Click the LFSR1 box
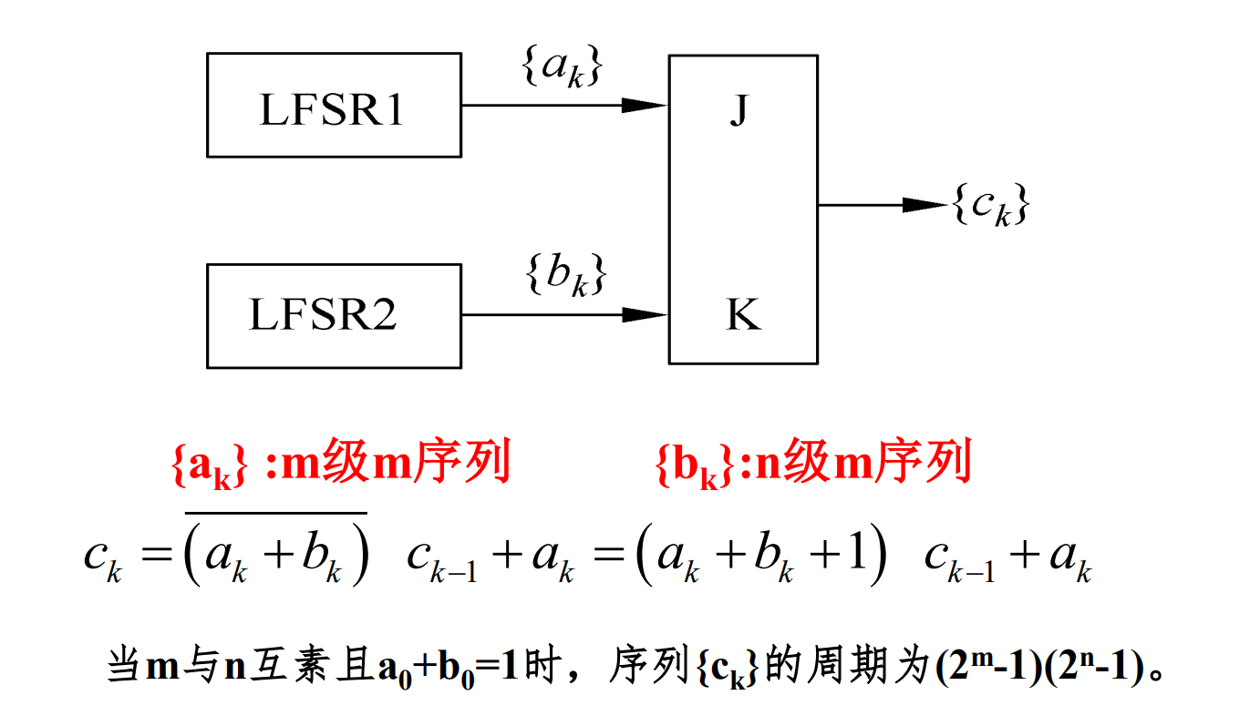(334, 105)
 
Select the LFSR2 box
(334, 315)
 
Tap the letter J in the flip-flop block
(738, 113)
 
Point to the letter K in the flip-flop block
(743, 315)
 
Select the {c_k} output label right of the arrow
(990, 207)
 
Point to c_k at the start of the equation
(102, 557)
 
